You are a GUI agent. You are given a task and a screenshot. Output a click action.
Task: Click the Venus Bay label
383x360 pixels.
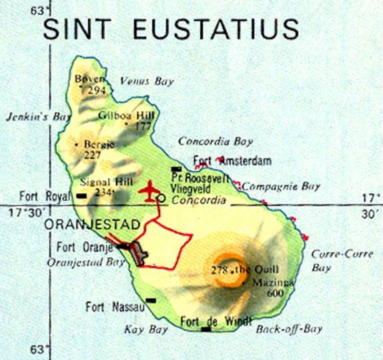pyautogui.click(x=147, y=81)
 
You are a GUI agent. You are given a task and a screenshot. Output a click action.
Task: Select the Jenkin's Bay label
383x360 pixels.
pyautogui.click(x=38, y=116)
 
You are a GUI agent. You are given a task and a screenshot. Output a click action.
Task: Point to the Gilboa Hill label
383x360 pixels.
pyautogui.click(x=126, y=115)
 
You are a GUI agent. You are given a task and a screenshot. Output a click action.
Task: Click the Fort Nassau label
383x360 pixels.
pyautogui.click(x=112, y=307)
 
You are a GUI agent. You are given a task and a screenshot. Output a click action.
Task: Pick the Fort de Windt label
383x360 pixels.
pyautogui.click(x=217, y=320)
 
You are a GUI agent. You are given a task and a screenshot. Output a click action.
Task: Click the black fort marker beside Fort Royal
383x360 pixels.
pyautogui.click(x=82, y=196)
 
